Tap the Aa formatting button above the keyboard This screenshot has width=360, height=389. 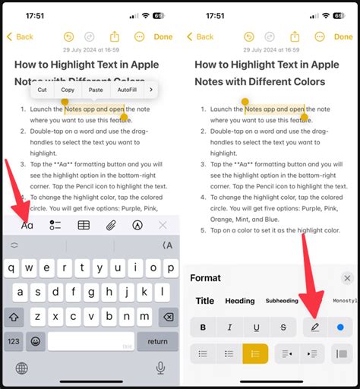pyautogui.click(x=27, y=225)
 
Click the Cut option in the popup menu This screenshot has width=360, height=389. pyautogui.click(x=43, y=90)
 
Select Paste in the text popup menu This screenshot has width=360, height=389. pyautogui.click(x=96, y=90)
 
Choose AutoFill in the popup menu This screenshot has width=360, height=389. pyautogui.click(x=127, y=90)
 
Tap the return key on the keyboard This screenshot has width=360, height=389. pyautogui.click(x=157, y=341)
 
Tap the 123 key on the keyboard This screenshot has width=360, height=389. pyautogui.click(x=14, y=341)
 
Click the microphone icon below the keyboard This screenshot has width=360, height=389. pyautogui.click(x=160, y=368)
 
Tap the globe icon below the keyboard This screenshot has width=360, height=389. pyautogui.click(x=22, y=368)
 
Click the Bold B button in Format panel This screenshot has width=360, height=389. pyautogui.click(x=203, y=327)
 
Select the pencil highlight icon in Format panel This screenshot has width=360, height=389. pyautogui.click(x=314, y=327)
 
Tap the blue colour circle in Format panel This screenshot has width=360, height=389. pyautogui.click(x=340, y=327)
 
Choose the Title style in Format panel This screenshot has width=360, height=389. pyautogui.click(x=205, y=301)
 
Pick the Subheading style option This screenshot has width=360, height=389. pyautogui.click(x=282, y=301)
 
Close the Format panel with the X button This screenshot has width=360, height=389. pyautogui.click(x=347, y=279)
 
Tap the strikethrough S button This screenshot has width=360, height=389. pyautogui.click(x=283, y=327)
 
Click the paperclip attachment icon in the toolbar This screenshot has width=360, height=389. pyautogui.click(x=110, y=225)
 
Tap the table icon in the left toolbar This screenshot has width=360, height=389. pyautogui.click(x=84, y=225)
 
